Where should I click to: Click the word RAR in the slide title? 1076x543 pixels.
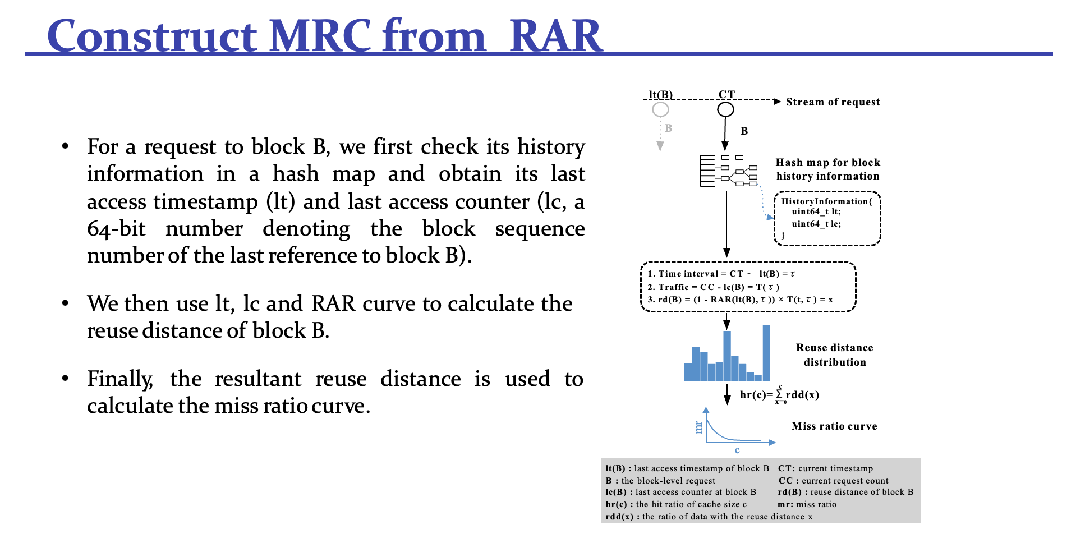(555, 36)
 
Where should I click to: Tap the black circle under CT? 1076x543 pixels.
(725, 109)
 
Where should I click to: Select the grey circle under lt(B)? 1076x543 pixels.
(660, 109)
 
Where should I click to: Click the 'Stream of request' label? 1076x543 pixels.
(833, 102)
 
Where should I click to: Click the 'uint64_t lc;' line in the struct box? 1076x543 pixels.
(816, 224)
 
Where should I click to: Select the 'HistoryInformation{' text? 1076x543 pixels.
(827, 201)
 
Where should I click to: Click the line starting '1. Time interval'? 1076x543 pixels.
(721, 274)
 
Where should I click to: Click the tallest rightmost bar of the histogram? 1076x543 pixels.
(766, 353)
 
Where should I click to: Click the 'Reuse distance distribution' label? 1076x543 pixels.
(835, 355)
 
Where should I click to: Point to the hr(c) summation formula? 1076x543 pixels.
(779, 394)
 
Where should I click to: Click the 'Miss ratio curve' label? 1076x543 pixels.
(834, 426)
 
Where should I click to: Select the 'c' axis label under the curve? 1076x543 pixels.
(737, 450)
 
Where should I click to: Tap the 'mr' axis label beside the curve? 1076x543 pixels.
(698, 427)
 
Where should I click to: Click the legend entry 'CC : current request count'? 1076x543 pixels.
(834, 481)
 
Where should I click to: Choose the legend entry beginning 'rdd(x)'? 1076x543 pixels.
(709, 517)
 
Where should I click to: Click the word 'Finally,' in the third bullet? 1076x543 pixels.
(120, 380)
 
